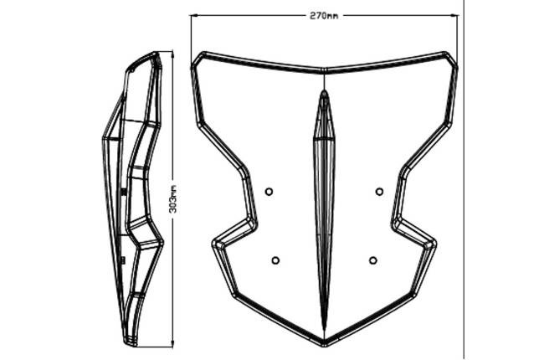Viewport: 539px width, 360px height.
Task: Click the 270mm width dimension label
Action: (x=324, y=16)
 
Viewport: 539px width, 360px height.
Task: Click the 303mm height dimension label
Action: (x=173, y=199)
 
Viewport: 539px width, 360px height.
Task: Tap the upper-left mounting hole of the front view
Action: (x=269, y=192)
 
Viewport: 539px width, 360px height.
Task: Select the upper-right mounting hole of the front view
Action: (x=379, y=192)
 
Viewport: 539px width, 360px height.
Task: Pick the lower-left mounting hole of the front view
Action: (x=275, y=260)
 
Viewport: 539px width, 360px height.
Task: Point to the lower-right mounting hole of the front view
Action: (x=373, y=260)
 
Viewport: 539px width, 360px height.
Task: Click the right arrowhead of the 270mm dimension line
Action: (x=454, y=15)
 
